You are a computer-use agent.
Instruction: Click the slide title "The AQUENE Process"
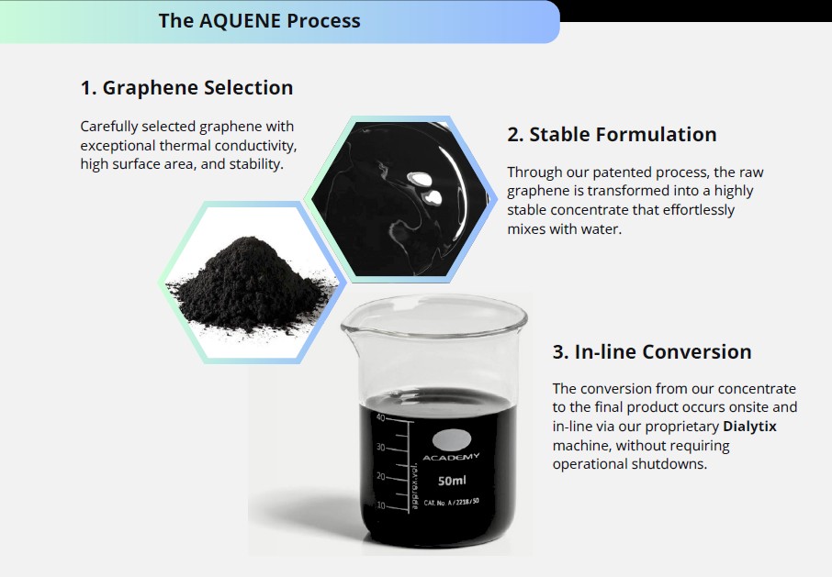[259, 20]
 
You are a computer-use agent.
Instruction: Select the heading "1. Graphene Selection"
[186, 88]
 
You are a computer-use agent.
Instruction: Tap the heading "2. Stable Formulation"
[612, 134]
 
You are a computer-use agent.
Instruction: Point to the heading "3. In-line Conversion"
[652, 351]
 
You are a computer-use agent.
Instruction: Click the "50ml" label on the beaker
[452, 481]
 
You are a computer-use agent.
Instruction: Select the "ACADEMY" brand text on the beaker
[451, 457]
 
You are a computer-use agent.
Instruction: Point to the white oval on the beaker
[451, 439]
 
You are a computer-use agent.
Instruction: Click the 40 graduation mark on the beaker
[380, 417]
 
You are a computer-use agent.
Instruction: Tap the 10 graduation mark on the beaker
[380, 505]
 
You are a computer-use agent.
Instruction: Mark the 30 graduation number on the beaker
[380, 448]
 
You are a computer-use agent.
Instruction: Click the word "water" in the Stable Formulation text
[601, 228]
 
